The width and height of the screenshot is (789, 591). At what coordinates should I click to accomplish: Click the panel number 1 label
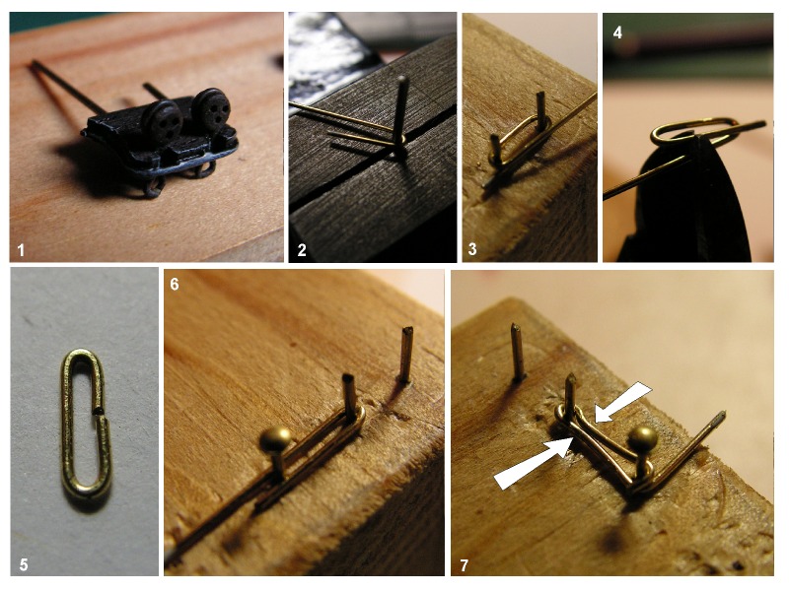coord(21,250)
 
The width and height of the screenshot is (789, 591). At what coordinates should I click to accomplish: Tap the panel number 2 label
coord(302,250)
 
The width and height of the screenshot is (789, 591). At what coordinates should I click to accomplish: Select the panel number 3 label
coord(472,249)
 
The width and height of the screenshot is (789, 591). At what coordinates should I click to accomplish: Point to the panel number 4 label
coord(617,33)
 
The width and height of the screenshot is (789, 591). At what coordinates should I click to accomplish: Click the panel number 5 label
coord(24,564)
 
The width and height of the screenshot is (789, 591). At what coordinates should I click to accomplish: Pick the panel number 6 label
coord(175,285)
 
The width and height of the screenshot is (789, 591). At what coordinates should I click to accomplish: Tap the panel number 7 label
coord(464,565)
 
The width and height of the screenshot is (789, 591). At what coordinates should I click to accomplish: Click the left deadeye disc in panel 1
coord(162,120)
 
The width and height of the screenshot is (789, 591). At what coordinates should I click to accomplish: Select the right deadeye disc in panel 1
coord(212,110)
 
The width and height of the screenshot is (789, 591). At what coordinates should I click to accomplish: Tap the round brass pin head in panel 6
coord(276,440)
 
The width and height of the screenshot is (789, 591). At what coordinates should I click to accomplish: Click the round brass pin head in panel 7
coord(643,440)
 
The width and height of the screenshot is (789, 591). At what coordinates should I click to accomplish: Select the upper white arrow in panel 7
coord(623,402)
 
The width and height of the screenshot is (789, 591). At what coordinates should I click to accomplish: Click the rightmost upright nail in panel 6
coord(405,356)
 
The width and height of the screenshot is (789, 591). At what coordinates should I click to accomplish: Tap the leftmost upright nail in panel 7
coord(518,352)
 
